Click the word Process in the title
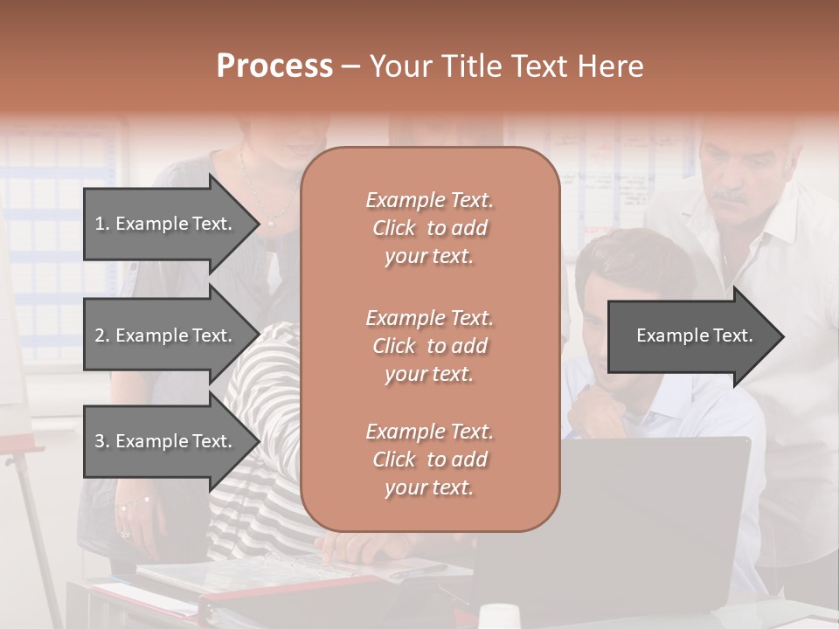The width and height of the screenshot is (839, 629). (x=274, y=66)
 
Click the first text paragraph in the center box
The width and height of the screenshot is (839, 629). (x=429, y=228)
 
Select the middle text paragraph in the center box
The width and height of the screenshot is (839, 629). (x=429, y=346)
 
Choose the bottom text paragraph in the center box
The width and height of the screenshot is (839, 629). (x=429, y=460)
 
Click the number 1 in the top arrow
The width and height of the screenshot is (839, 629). (x=100, y=224)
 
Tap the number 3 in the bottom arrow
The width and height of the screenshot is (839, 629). (x=100, y=441)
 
